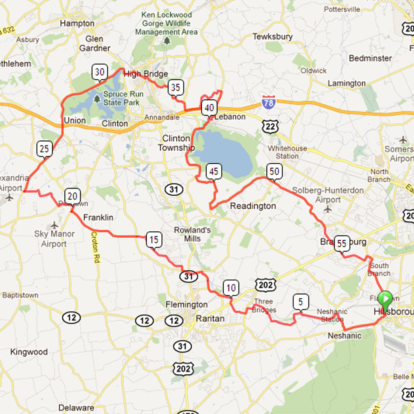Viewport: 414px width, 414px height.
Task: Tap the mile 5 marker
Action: coord(300,302)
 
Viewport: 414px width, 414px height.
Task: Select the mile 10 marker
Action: coord(231,288)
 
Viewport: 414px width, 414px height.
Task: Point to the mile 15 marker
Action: coord(154,240)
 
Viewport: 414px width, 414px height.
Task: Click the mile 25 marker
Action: coord(44,149)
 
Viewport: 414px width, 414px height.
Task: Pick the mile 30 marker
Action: coord(99,72)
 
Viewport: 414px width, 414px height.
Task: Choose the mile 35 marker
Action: coord(175,87)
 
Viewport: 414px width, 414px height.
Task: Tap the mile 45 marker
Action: coord(213,172)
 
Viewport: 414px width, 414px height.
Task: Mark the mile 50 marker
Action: coord(274,171)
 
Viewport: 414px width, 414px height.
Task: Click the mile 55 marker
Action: coord(342,243)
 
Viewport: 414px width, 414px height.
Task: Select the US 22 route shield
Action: coord(269,127)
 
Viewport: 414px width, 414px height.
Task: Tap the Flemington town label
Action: coord(186,304)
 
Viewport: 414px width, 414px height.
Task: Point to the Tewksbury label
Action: coord(272,37)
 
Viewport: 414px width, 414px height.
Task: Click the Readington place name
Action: coord(253,206)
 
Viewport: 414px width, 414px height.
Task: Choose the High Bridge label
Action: coord(146,74)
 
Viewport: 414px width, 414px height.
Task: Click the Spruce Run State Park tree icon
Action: coord(97,98)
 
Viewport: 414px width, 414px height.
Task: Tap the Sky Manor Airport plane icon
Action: coord(55,225)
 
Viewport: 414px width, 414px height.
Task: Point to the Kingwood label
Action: coord(29,352)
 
